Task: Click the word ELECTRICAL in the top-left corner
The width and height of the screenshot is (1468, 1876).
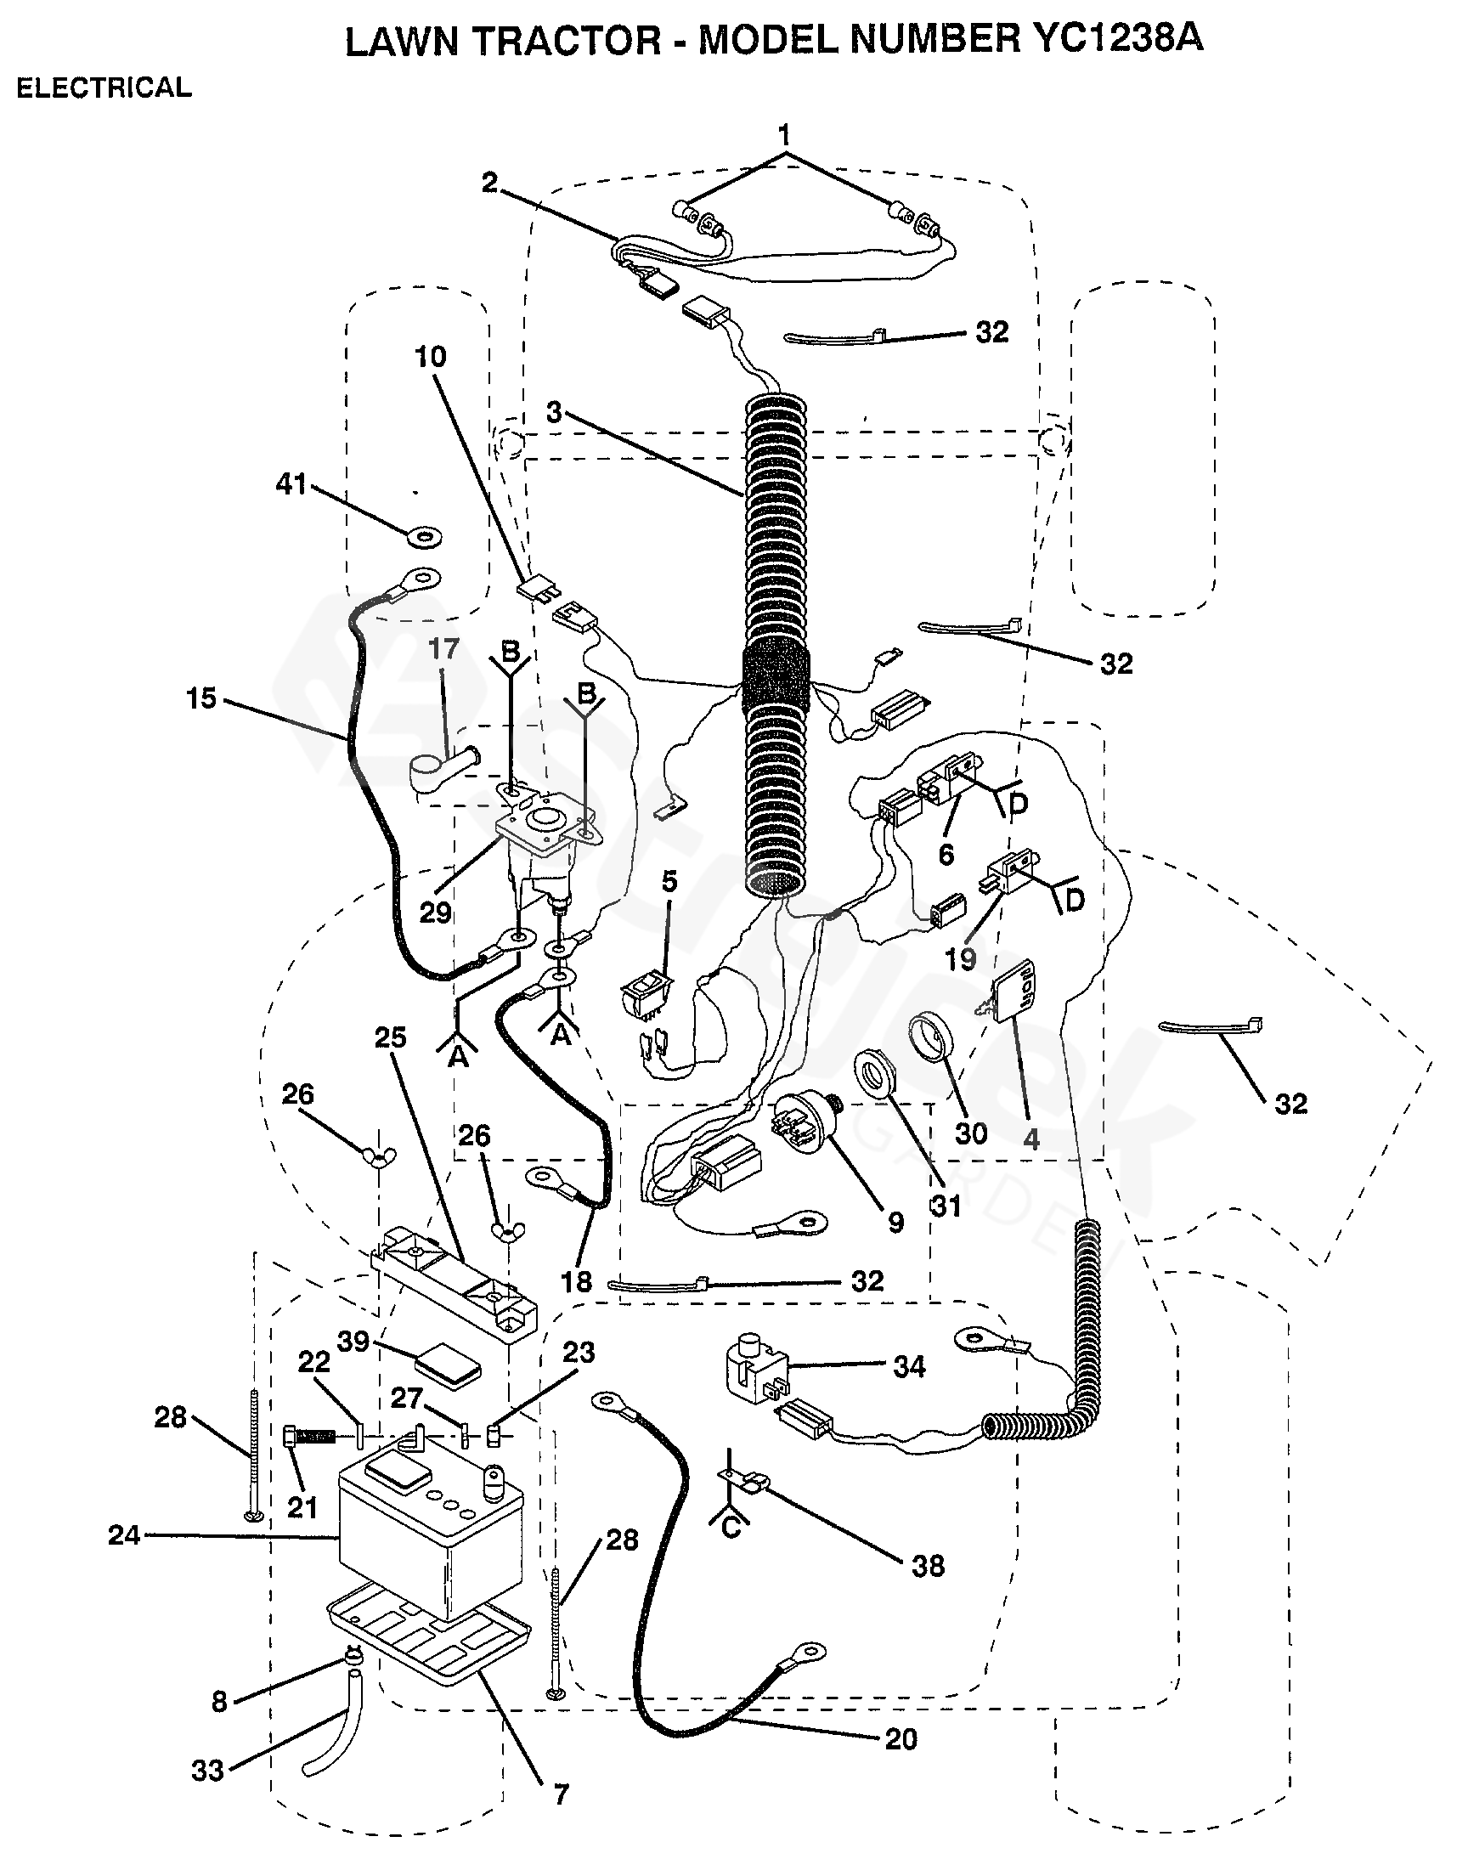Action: tap(104, 88)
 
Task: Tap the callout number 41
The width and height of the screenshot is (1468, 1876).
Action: tap(291, 484)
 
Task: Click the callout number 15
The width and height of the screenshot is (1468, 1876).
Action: tap(201, 698)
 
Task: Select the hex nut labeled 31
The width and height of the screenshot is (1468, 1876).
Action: tap(874, 1077)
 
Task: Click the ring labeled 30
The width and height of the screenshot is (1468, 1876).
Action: tap(932, 1038)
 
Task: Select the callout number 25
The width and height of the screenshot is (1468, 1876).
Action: tap(389, 1037)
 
